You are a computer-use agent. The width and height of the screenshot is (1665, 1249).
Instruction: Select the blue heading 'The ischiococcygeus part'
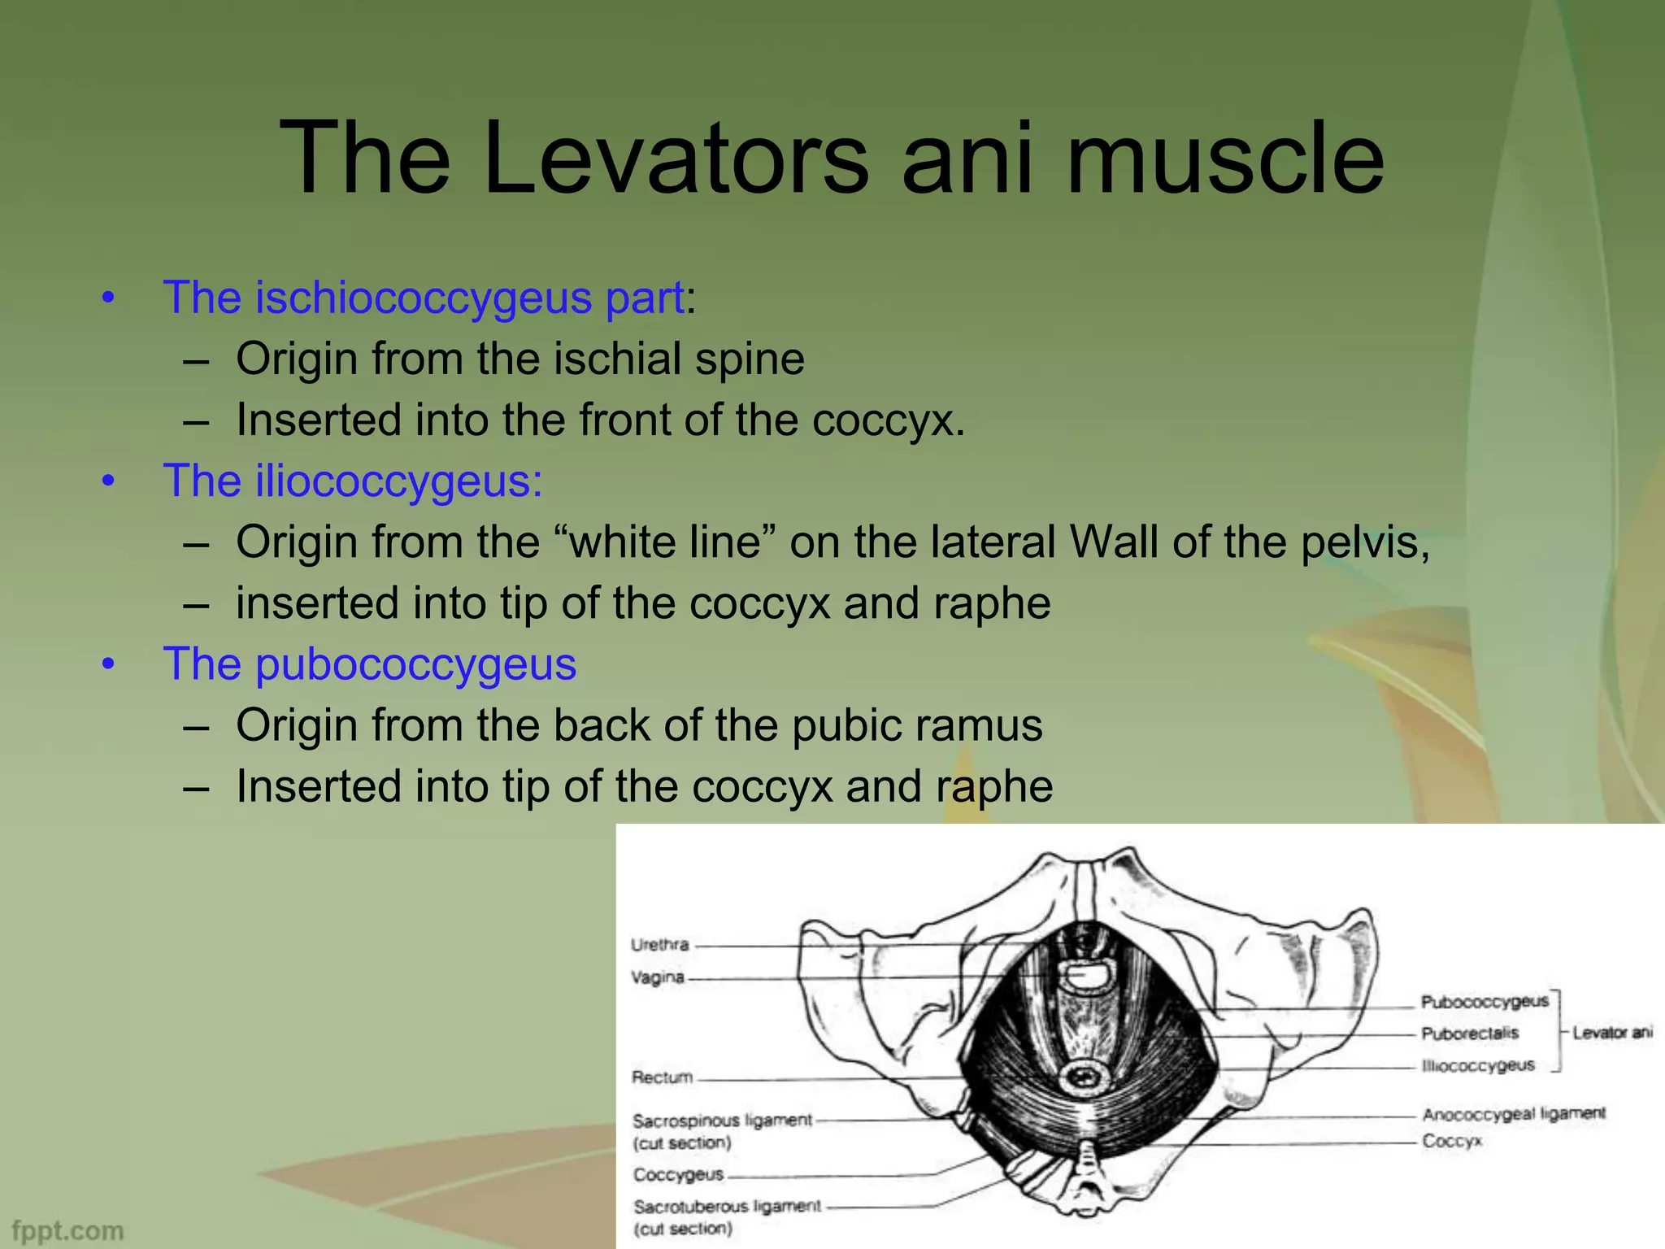(x=423, y=298)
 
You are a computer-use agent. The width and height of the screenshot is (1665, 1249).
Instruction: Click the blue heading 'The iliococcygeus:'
(x=353, y=481)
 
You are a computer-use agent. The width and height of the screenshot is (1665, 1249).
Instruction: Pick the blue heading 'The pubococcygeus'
(x=370, y=664)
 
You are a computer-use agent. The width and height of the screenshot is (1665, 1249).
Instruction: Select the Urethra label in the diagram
(x=659, y=945)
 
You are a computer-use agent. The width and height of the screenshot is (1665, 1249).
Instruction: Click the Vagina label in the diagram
(x=658, y=977)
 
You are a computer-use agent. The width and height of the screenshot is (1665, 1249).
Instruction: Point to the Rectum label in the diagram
(x=663, y=1077)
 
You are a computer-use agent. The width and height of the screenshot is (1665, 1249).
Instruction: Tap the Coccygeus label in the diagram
(x=678, y=1175)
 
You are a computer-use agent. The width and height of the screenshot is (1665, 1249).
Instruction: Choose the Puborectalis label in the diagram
(x=1469, y=1034)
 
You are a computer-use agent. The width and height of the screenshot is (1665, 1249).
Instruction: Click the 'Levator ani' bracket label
(x=1612, y=1033)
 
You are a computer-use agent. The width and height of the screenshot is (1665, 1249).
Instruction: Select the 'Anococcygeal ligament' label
(x=1513, y=1113)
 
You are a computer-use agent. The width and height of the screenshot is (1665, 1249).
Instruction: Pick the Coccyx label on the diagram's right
(x=1452, y=1142)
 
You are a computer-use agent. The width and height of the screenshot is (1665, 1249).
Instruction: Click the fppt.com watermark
(x=68, y=1230)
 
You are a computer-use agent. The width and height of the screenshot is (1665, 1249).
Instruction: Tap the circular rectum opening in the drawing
(x=1085, y=1079)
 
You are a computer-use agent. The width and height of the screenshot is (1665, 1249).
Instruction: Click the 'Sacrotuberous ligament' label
(x=727, y=1207)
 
